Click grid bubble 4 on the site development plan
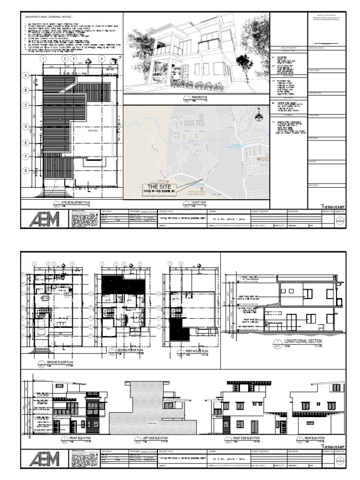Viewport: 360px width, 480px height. click(x=101, y=59)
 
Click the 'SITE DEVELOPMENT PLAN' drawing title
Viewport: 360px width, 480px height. click(x=70, y=202)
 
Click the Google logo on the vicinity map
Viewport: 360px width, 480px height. click(x=217, y=194)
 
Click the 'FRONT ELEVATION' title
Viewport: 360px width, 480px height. click(x=79, y=438)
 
